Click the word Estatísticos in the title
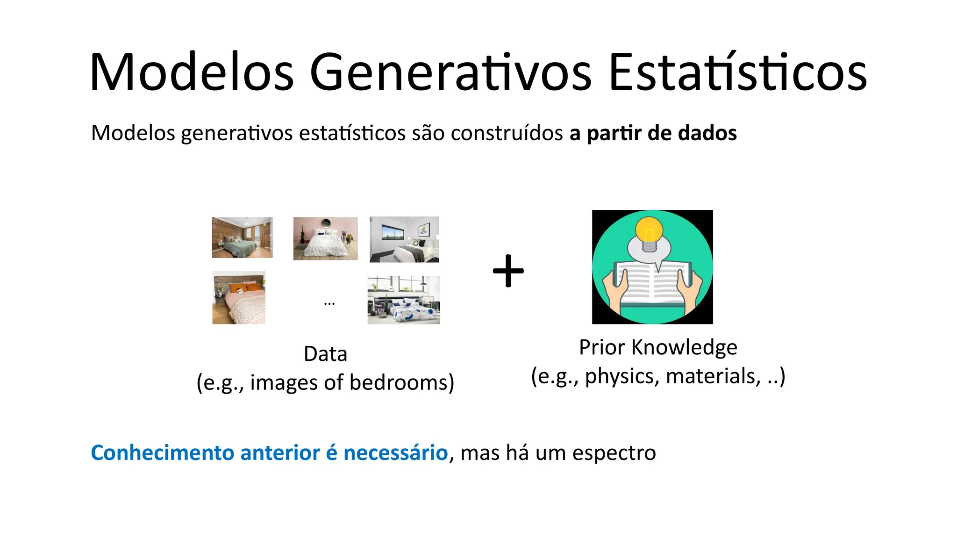[x=738, y=72]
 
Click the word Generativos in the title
[x=450, y=72]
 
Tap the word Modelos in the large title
[x=192, y=72]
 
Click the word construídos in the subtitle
[x=507, y=133]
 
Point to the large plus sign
[x=508, y=271]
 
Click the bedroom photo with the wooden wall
[x=242, y=237]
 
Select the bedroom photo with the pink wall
[x=325, y=238]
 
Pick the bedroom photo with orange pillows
[x=239, y=298]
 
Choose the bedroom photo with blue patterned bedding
[x=404, y=300]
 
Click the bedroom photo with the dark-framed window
[x=404, y=239]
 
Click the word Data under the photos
[x=325, y=354]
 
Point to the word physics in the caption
[x=619, y=376]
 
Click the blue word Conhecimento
[x=162, y=453]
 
